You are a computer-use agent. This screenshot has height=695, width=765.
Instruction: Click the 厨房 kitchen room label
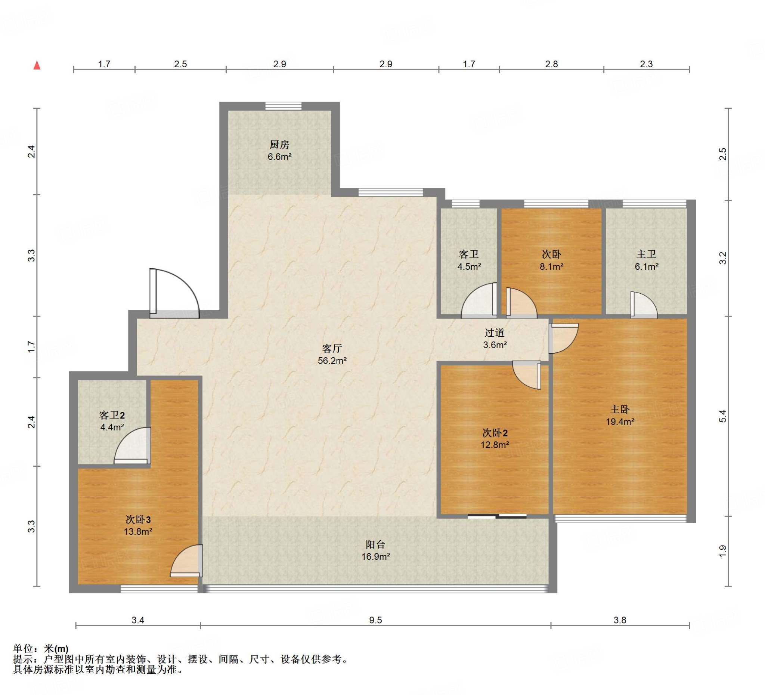pos(279,144)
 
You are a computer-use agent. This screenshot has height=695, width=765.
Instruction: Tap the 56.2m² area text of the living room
pos(332,361)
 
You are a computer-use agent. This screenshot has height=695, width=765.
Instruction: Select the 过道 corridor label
pos(495,333)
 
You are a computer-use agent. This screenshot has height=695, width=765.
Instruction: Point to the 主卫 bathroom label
pos(646,254)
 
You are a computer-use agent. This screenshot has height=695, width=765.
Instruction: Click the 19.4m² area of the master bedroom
pos(620,421)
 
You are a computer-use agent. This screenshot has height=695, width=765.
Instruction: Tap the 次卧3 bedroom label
pos(138,519)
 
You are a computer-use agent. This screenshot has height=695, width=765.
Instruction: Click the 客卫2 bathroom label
pos(112,415)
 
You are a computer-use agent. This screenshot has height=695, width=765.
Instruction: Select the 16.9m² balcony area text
pos(376,556)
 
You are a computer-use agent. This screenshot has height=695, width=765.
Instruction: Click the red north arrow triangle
pos(37,65)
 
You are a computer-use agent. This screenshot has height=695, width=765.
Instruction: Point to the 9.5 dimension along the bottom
pos(375,620)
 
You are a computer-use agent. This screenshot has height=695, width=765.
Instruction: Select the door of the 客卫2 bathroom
pos(133,445)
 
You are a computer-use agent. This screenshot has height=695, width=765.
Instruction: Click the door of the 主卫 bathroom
pos(644,305)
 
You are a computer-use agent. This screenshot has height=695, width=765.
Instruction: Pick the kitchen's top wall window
pos(283,106)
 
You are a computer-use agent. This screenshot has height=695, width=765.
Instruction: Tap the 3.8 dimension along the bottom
pos(620,620)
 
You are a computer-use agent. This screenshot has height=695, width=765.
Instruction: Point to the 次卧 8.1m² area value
pos(551,266)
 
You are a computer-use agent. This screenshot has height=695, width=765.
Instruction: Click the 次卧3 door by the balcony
pos(186,560)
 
